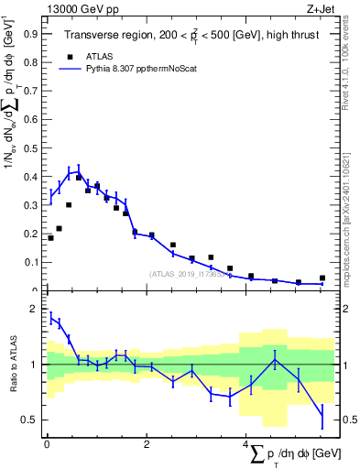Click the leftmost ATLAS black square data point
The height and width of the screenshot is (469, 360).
[x=50, y=238]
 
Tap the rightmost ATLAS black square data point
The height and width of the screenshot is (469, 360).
[x=322, y=278]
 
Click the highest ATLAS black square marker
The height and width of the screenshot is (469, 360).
[x=79, y=178]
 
